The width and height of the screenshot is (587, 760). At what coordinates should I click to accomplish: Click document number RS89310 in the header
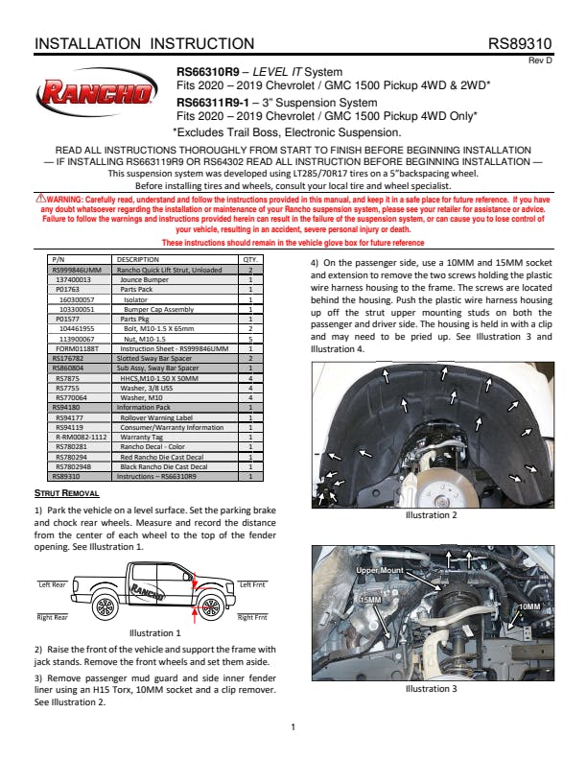520,44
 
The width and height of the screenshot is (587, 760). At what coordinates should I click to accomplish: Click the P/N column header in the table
57,259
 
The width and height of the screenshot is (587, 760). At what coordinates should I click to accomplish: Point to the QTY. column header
250,259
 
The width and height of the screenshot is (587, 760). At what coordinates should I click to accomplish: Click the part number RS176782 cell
67,356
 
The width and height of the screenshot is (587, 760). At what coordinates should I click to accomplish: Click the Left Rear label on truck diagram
51,583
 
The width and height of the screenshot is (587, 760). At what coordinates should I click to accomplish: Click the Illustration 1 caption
154,633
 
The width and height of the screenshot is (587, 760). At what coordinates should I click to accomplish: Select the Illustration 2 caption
431,515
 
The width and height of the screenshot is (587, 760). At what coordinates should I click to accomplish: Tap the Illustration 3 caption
431,688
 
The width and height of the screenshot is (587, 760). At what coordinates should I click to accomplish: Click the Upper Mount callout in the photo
380,571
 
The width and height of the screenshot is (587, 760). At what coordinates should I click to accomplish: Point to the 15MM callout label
370,600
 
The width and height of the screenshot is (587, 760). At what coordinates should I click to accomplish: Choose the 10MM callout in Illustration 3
528,607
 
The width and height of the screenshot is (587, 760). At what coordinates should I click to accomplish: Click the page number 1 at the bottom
293,726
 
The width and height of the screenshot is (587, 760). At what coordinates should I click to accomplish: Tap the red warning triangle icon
39,198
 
